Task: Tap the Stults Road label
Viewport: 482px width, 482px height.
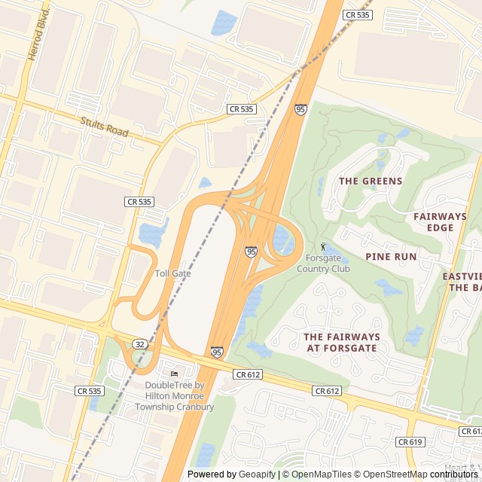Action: (105, 126)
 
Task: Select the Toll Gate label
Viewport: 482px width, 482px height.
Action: (172, 273)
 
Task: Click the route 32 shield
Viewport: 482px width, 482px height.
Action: (141, 343)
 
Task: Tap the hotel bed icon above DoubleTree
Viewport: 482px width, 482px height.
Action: (175, 374)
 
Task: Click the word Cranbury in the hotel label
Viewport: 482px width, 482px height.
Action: (194, 407)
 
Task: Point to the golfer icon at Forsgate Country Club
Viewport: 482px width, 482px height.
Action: (324, 246)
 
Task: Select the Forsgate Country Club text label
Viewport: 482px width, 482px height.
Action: (323, 264)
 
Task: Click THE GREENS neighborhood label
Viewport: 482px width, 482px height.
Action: (371, 182)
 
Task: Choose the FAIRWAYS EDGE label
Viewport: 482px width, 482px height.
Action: (440, 221)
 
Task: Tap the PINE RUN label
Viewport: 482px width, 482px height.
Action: (391, 257)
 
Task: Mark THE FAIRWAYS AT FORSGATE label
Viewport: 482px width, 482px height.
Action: (343, 342)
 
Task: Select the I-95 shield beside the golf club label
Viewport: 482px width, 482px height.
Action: (251, 252)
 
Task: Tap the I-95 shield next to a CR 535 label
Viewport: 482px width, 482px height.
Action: (300, 110)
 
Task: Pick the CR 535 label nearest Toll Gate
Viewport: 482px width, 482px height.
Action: (139, 202)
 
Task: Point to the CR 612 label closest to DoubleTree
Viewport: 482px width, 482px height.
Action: (248, 374)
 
